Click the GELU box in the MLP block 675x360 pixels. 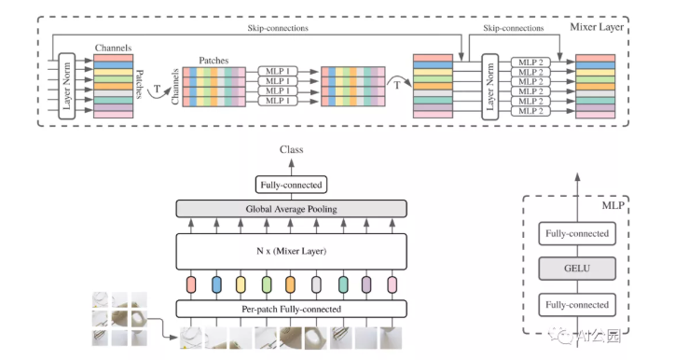[x=577, y=270]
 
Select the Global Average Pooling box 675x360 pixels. [x=293, y=209]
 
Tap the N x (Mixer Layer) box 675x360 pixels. [x=293, y=250]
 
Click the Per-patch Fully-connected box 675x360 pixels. [x=293, y=309]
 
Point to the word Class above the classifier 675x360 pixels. [x=292, y=149]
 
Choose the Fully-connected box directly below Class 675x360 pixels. [x=292, y=184]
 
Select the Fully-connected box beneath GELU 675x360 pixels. [x=577, y=304]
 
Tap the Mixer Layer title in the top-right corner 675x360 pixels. [x=597, y=29]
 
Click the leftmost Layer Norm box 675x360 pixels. [x=66, y=86]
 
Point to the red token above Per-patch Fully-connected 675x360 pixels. [x=193, y=283]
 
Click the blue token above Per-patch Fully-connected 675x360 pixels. [x=217, y=283]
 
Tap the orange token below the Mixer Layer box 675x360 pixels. [x=291, y=283]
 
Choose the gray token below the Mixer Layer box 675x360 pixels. [x=316, y=283]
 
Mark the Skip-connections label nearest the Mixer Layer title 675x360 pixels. [x=514, y=29]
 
